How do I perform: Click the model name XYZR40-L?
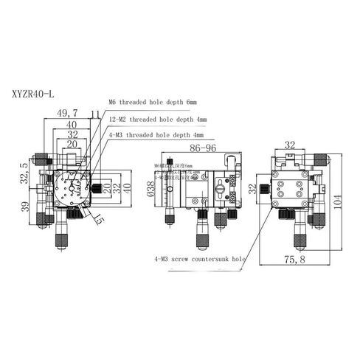[32, 94]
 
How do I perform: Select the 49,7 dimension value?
[67, 113]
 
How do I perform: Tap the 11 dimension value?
[94, 113]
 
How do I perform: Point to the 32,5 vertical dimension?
[26, 173]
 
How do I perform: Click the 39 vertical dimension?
[26, 208]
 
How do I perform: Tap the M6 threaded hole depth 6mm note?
[153, 102]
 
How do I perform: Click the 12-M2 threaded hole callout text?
[157, 119]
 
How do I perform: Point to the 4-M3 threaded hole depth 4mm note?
[157, 136]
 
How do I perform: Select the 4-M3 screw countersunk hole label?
[198, 259]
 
